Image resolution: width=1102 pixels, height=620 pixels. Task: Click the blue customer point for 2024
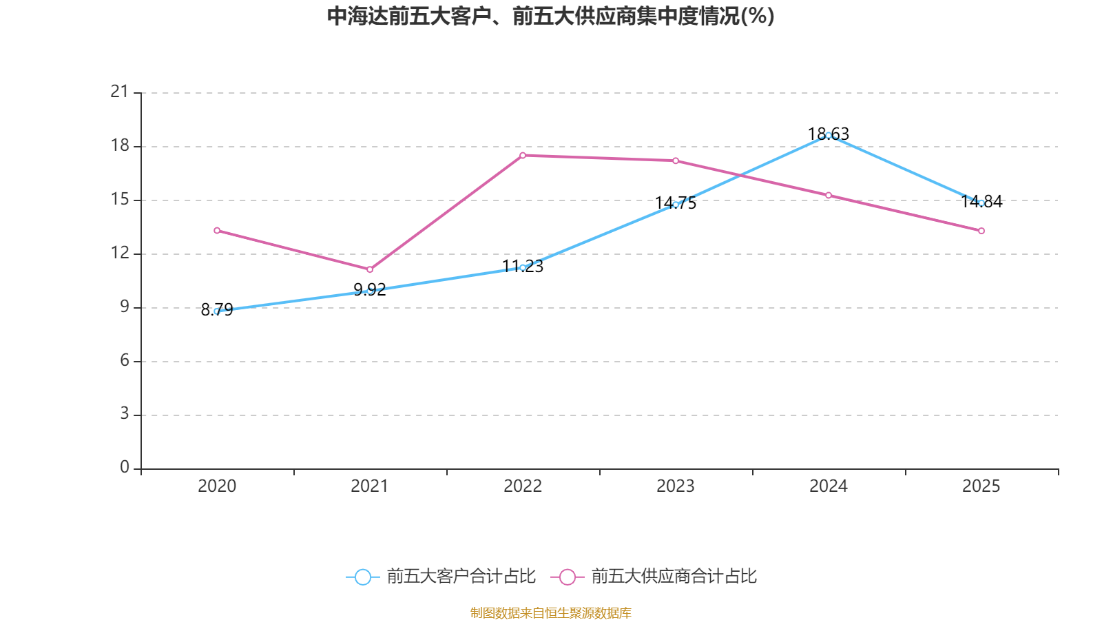[828, 136]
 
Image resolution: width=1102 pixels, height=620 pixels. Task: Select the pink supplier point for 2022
[523, 155]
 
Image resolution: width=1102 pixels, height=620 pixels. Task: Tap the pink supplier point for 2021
[370, 269]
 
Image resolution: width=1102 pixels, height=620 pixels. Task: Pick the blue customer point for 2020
[217, 311]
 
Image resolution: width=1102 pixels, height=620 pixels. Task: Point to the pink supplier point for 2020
[217, 230]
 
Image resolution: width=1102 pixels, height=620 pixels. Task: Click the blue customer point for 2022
[523, 267]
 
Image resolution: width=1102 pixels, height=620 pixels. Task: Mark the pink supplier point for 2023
[676, 161]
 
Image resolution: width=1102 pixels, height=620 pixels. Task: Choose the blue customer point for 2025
[981, 203]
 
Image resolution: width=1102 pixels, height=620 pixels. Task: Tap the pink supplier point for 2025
[981, 231]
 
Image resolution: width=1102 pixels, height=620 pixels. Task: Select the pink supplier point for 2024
[828, 195]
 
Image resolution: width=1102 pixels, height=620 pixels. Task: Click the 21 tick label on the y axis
[120, 92]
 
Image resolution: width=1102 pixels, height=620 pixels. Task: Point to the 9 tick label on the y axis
[125, 307]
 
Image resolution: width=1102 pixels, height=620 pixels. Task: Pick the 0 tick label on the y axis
[125, 468]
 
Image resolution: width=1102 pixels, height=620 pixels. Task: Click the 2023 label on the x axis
[676, 486]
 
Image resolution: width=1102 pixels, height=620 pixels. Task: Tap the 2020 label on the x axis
[217, 486]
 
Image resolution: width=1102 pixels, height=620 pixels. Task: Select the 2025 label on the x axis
[981, 486]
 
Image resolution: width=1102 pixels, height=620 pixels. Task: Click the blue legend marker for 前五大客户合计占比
[362, 577]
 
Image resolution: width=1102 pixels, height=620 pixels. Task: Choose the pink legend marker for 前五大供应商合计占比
[567, 577]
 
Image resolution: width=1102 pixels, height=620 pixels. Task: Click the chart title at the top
[550, 16]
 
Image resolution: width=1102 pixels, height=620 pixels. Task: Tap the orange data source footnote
[550, 612]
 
